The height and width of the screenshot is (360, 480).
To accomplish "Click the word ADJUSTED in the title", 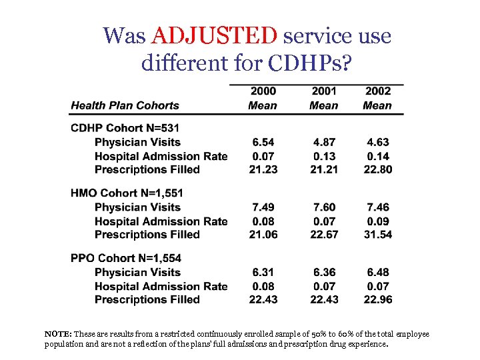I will (x=214, y=35).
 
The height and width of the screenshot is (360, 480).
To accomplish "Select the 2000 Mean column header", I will (x=263, y=98).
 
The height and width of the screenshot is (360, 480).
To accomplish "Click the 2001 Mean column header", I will (x=323, y=98).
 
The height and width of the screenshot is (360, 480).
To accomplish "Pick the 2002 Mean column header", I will (x=377, y=98).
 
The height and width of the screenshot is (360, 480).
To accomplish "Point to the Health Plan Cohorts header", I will (x=125, y=105).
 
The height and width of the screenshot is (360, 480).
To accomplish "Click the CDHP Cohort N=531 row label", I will (x=125, y=128).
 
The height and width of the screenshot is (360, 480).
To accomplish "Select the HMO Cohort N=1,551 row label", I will (x=127, y=193).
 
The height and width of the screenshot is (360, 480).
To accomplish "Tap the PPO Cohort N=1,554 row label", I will (x=126, y=258).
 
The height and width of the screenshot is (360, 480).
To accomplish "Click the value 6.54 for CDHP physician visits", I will (x=263, y=142).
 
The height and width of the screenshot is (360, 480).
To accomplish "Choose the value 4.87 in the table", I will (x=323, y=142).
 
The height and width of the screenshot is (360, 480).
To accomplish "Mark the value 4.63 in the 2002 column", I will (x=377, y=142).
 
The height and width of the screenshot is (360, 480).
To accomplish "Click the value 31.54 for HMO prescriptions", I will (x=377, y=234).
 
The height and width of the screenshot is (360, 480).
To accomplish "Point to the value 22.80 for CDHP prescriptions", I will (x=377, y=169).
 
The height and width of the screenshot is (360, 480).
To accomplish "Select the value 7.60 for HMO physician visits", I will (x=323, y=207).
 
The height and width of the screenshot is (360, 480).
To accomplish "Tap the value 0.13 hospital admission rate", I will (x=323, y=156).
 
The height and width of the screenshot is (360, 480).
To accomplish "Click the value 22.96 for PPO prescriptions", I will (x=377, y=299).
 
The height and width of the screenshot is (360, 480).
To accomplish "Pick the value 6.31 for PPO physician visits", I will (x=263, y=272).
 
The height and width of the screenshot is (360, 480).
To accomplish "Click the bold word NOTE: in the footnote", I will (x=58, y=334).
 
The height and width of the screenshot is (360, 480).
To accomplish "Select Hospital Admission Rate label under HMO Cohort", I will (x=161, y=221).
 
